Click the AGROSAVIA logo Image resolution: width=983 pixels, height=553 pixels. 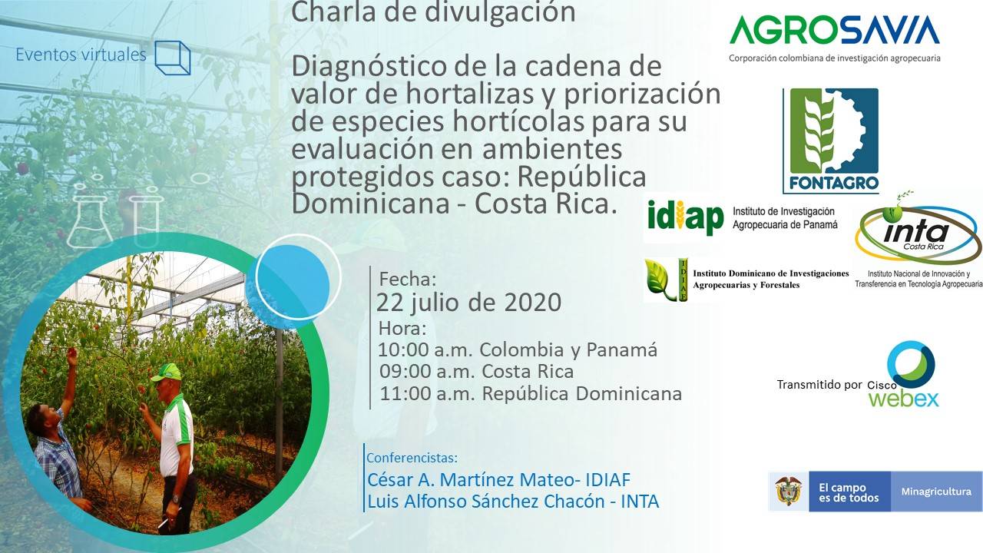click(834, 38)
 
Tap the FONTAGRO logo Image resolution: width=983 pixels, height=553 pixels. click(831, 141)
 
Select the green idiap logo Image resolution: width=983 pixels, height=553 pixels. click(686, 217)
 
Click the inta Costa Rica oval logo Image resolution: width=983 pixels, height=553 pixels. click(918, 233)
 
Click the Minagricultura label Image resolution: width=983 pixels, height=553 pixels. click(936, 492)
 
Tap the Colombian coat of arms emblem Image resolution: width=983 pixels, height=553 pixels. click(788, 492)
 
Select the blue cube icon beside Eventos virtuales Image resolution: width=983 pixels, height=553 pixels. click(173, 58)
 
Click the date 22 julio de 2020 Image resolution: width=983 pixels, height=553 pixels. click(468, 303)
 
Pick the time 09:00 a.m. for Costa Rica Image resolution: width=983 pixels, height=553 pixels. click(477, 372)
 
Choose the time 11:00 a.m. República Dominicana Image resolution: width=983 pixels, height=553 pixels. click(531, 394)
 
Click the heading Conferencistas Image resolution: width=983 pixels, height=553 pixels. click(412, 458)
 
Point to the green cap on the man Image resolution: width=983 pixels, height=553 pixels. click(167, 373)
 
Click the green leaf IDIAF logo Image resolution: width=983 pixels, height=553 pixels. click(666, 280)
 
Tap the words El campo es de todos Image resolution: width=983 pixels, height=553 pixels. click(849, 492)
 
